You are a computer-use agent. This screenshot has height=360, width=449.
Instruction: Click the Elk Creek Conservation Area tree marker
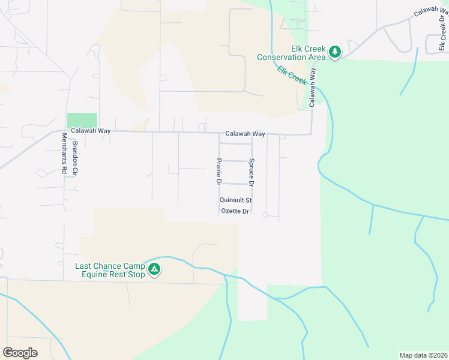[x=335, y=53]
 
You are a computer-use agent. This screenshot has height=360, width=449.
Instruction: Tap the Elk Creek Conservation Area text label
[x=291, y=53]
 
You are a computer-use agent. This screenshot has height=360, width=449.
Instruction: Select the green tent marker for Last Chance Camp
[x=155, y=270]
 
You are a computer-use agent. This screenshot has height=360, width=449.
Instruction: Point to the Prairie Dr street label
[x=219, y=172]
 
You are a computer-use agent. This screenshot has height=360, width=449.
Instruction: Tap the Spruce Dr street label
[x=252, y=172]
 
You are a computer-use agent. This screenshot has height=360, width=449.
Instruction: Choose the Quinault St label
[x=235, y=200]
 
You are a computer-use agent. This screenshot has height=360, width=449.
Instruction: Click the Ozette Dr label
[x=235, y=211]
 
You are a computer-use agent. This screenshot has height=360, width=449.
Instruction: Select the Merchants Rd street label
[x=63, y=154]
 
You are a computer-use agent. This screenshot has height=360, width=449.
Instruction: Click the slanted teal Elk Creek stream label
[x=292, y=75]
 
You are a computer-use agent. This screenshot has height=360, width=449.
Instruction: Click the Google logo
[x=20, y=353]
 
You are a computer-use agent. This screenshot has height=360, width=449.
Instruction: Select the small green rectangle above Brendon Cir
[x=82, y=120]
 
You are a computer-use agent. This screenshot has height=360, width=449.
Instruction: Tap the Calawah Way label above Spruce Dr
[x=245, y=134]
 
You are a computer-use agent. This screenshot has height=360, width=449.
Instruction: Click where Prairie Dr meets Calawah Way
[x=219, y=133]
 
